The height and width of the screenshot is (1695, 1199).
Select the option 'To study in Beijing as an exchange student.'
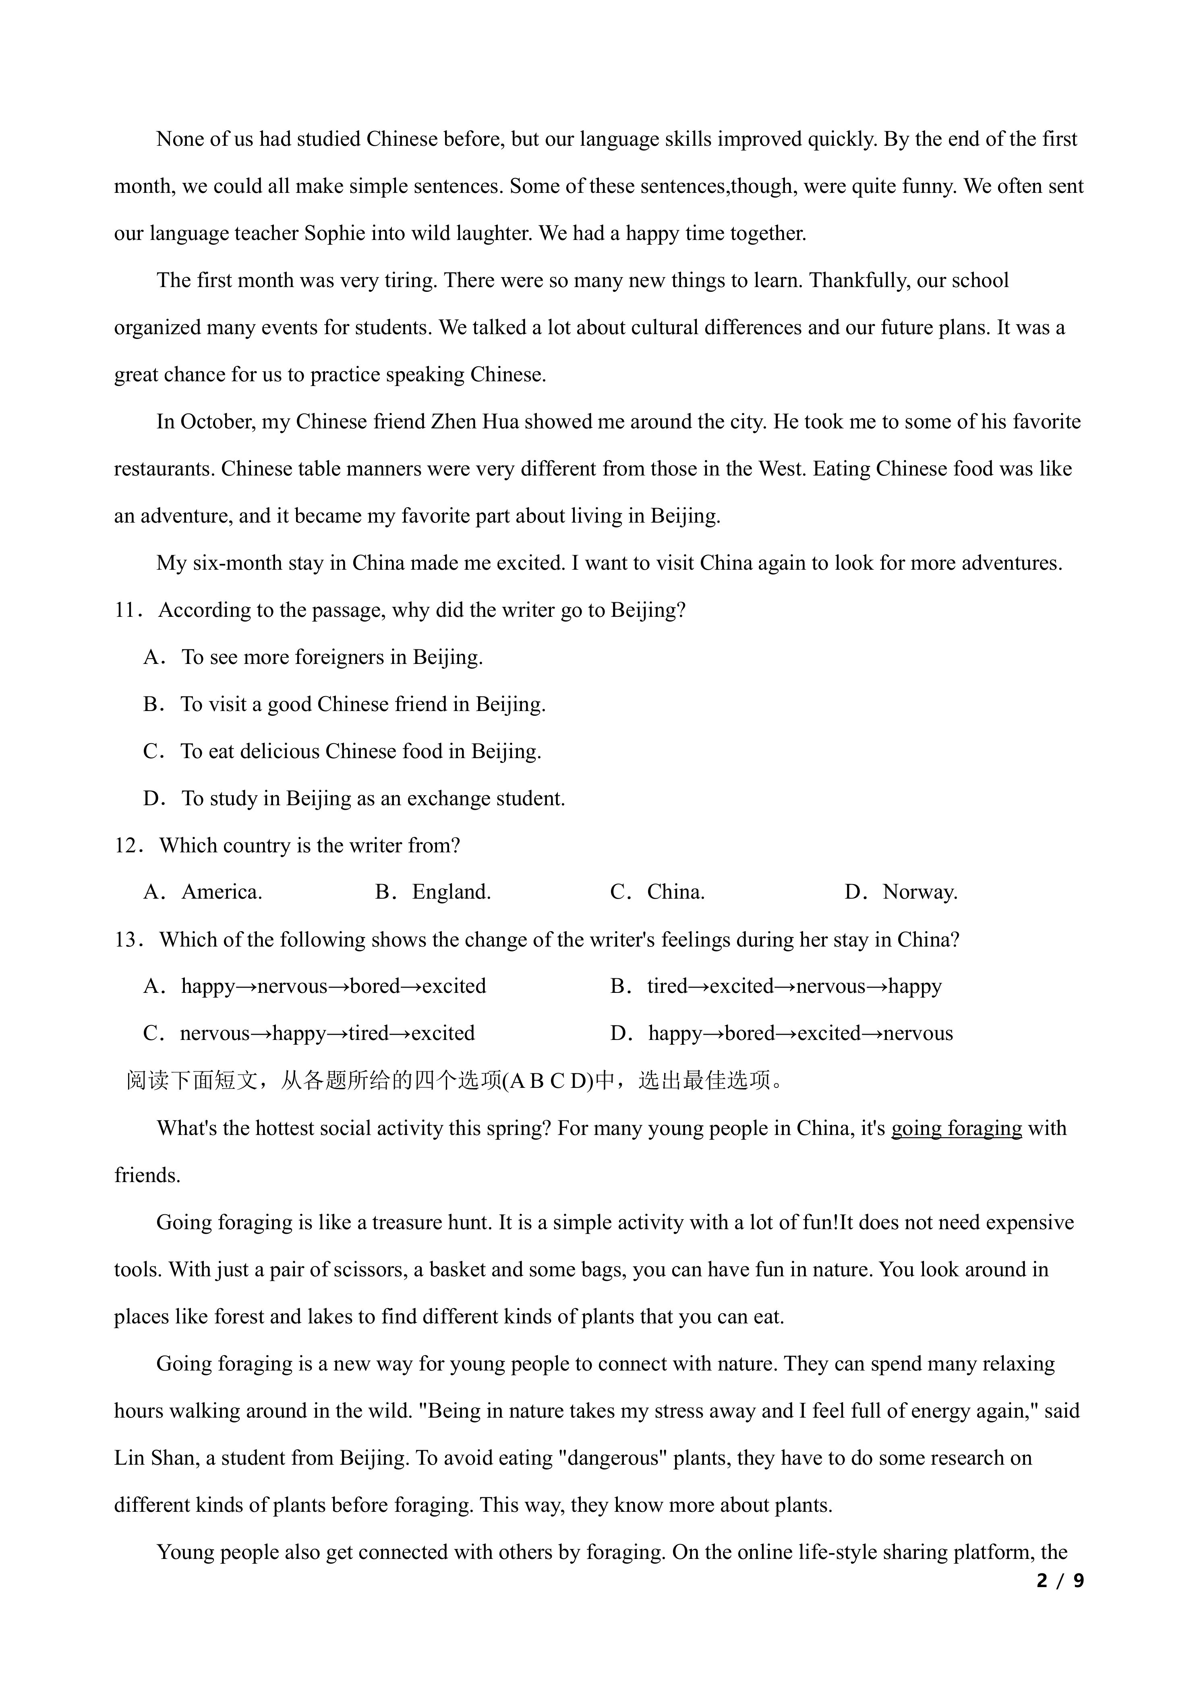(373, 799)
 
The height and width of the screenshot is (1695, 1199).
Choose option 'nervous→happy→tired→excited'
(327, 1034)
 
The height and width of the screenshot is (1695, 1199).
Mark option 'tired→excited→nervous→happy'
(794, 987)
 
